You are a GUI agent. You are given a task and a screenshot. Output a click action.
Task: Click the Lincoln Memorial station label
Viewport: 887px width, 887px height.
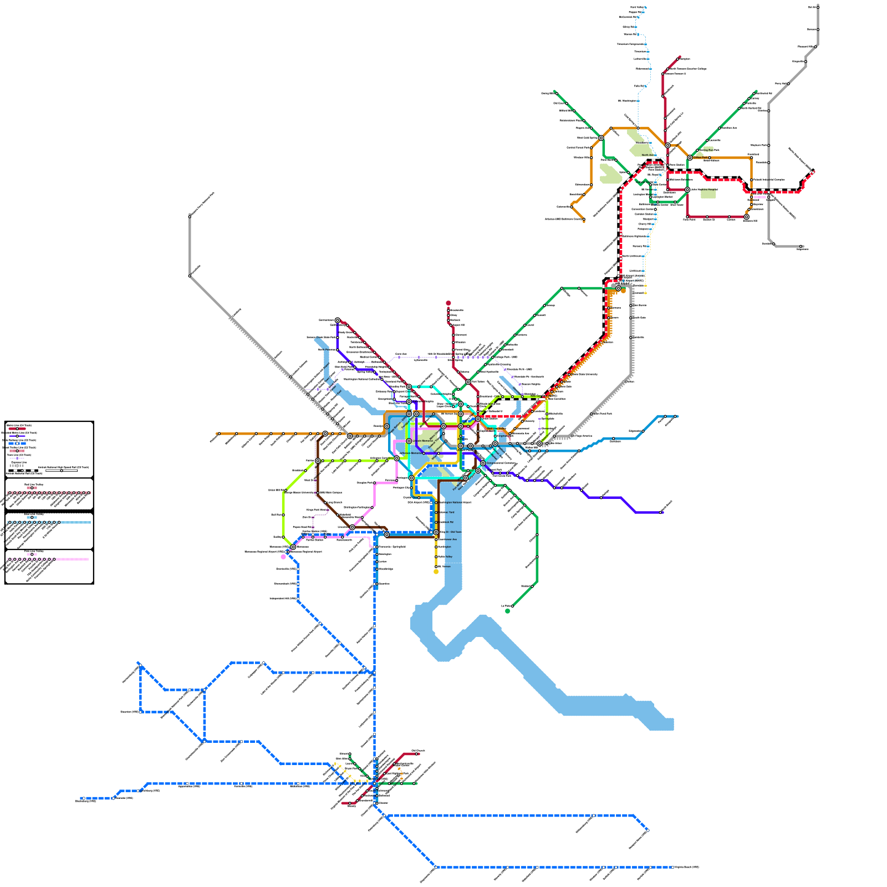(x=423, y=441)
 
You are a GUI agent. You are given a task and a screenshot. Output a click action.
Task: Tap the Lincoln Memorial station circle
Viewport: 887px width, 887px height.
(x=409, y=441)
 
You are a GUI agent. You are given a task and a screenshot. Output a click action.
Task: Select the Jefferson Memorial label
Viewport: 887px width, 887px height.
(x=411, y=453)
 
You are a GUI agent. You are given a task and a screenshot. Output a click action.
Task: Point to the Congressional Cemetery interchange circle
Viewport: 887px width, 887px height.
(x=483, y=463)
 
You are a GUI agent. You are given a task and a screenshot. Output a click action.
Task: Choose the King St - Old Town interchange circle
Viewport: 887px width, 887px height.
(x=436, y=532)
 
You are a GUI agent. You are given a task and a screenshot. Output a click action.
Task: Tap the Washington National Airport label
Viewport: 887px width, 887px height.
(x=455, y=502)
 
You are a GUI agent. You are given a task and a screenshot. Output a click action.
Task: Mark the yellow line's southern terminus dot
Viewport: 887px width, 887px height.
(x=436, y=572)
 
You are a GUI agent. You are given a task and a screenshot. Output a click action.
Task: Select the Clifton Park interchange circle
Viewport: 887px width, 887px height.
(x=690, y=158)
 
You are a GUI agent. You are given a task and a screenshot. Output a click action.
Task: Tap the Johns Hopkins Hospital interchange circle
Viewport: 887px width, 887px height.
(x=687, y=190)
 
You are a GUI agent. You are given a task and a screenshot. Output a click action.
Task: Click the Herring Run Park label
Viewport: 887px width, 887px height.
(x=709, y=150)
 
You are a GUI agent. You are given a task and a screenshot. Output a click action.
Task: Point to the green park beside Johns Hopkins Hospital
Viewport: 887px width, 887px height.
(x=708, y=193)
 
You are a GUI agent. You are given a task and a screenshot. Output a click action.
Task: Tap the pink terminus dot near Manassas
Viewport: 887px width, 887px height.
(x=284, y=557)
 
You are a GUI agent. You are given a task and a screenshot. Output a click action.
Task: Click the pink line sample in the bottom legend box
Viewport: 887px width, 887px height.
(x=72, y=559)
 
